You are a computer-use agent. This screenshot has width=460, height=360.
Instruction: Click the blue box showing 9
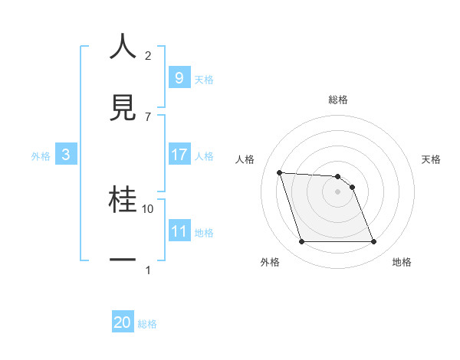pyautogui.click(x=179, y=77)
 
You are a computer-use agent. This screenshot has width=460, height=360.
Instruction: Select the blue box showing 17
pyautogui.click(x=179, y=155)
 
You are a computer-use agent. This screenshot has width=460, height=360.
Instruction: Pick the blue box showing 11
pyautogui.click(x=179, y=231)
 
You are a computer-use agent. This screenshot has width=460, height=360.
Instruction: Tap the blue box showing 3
pyautogui.click(x=66, y=155)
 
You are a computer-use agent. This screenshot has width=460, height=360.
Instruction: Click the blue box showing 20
pyautogui.click(x=123, y=322)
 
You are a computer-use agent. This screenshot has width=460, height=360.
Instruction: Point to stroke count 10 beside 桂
pyautogui.click(x=148, y=208)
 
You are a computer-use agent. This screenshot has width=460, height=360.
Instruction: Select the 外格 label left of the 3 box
pyautogui.click(x=41, y=155)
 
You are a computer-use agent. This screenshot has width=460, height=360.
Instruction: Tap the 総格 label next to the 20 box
pyautogui.click(x=147, y=324)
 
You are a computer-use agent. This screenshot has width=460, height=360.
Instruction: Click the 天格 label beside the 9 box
pyautogui.click(x=203, y=79)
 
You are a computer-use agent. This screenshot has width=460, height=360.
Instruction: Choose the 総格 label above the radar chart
pyautogui.click(x=338, y=100)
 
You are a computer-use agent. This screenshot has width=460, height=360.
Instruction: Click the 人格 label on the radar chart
pyautogui.click(x=245, y=159)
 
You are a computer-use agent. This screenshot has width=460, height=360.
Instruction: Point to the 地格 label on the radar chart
pyautogui.click(x=402, y=262)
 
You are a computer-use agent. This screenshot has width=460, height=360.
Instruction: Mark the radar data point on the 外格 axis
pyautogui.click(x=301, y=242)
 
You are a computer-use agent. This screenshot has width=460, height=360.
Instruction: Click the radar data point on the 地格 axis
pyautogui.click(x=373, y=242)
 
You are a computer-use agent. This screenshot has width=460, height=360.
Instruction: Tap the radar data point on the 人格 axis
pyautogui.click(x=279, y=172)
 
